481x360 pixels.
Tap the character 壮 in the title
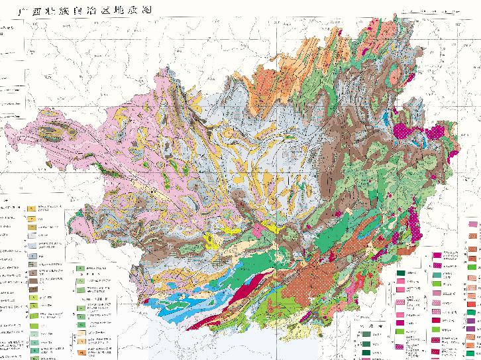(x=48, y=11)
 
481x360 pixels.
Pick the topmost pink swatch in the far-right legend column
(x=473, y=227)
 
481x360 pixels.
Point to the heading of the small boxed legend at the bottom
(x=368, y=328)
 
